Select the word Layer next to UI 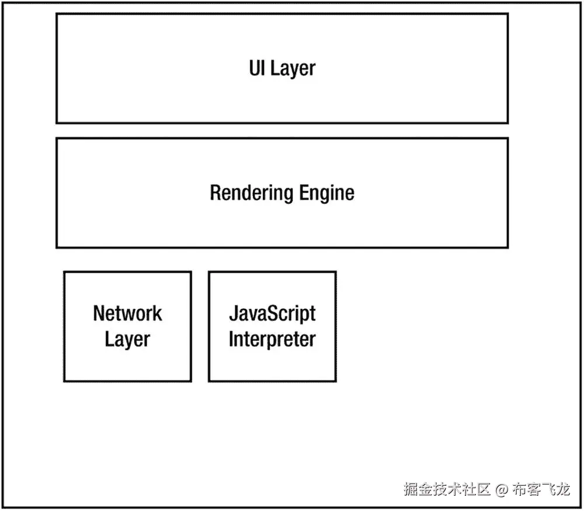(293, 69)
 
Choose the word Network (127, 313)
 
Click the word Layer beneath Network (127, 339)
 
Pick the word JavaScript (272, 313)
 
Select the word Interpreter (272, 339)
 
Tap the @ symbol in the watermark (502, 489)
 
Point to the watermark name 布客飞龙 (541, 489)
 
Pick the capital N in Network (99, 313)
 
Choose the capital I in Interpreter (231, 339)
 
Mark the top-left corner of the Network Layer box (64, 272)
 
